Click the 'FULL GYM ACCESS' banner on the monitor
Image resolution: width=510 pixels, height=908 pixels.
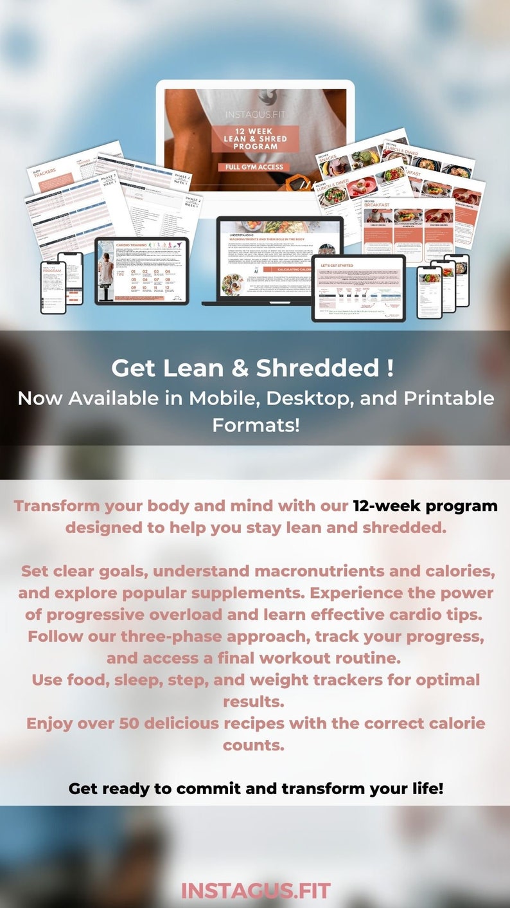coord(255,168)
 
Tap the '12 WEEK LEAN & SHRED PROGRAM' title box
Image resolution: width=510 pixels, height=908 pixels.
coord(255,138)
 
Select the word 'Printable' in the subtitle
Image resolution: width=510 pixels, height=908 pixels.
coord(449,398)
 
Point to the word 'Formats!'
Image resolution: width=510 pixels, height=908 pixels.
coord(256,424)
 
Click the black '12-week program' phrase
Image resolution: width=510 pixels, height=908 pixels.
coord(425,505)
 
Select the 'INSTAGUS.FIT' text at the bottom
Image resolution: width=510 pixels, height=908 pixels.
coord(255,891)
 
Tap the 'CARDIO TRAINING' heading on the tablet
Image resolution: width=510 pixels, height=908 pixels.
coord(133,246)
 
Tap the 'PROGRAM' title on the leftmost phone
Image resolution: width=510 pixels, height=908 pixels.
coord(51,271)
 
